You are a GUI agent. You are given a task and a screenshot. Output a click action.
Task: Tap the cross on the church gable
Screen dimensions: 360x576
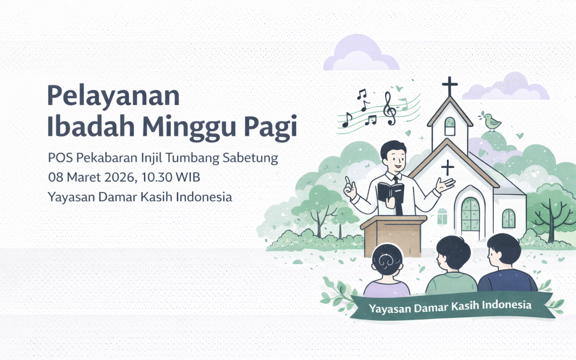(448, 167)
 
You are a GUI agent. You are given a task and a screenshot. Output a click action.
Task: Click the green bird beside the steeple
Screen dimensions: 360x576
(492, 122)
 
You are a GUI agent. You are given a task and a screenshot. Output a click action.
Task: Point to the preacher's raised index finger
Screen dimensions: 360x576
(347, 180)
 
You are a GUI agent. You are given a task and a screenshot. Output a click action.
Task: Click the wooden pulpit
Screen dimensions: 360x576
(393, 235)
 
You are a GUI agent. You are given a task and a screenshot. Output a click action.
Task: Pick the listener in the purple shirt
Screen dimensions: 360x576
(386, 272)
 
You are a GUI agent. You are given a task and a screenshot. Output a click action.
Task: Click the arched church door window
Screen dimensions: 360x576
(470, 214)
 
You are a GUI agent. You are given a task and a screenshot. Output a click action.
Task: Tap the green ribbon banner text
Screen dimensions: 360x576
(450, 306)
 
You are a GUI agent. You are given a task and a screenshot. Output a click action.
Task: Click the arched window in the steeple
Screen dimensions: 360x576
(450, 126)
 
